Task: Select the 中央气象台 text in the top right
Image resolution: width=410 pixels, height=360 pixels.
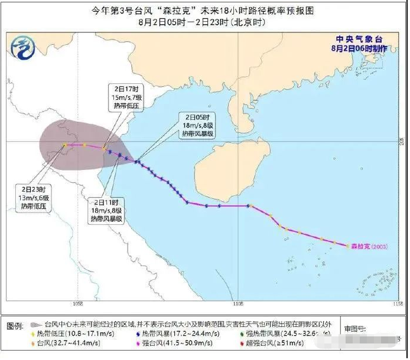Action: [361, 40]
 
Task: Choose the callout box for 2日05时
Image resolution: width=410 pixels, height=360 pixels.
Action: [197, 125]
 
